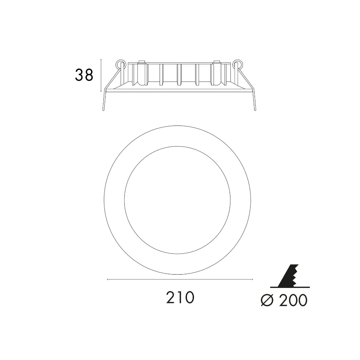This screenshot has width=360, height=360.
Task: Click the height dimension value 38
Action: coord(84,75)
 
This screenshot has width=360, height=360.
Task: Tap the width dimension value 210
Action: coord(180,297)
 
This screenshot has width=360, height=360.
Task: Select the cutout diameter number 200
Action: coord(293,300)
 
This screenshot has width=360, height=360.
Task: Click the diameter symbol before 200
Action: coord(268,300)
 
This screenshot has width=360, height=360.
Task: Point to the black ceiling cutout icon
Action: coord(290,276)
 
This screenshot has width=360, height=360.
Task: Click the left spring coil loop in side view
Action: coord(121,64)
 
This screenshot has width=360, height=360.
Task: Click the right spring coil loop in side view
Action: coord(237,64)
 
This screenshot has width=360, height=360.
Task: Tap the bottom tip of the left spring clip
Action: coord(103,111)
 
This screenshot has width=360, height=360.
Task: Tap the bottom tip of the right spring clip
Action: coord(255,111)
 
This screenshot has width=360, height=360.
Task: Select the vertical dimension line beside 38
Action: coord(101,75)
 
